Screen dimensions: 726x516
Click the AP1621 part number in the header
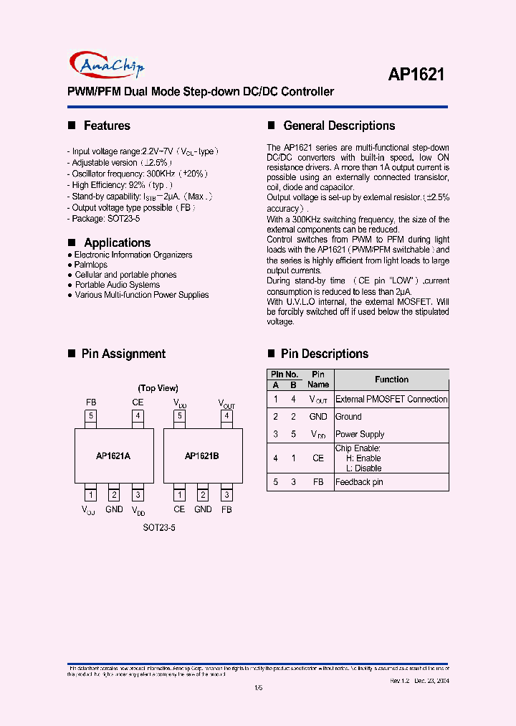click(416, 74)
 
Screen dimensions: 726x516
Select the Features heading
click(107, 126)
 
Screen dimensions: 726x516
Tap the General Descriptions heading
click(339, 126)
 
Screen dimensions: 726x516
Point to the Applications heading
click(117, 242)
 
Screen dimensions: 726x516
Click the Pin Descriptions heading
click(324, 354)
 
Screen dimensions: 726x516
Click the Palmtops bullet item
click(91, 265)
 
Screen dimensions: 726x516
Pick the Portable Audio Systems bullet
click(118, 285)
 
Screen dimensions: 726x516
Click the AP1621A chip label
click(113, 456)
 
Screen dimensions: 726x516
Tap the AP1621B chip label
click(202, 456)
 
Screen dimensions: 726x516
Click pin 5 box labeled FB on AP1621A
click(90, 415)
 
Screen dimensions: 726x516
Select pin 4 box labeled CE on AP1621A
click(138, 415)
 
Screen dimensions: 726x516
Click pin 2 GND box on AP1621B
click(203, 494)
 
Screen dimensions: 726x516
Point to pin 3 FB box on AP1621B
click(226, 494)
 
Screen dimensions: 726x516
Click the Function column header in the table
click(391, 379)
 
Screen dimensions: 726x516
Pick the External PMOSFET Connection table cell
click(391, 400)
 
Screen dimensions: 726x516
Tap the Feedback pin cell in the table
click(359, 482)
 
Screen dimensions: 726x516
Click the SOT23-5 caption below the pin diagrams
click(158, 527)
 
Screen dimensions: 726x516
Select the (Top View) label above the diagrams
click(158, 388)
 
